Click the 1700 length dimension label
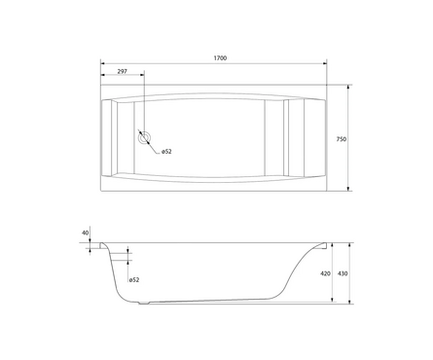220,58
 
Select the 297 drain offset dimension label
122,72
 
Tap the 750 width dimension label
342,139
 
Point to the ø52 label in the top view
166,152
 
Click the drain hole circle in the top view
144,138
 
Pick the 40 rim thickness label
86,233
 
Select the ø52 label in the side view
134,279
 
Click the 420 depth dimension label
325,273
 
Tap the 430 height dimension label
343,273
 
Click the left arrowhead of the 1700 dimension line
103,63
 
